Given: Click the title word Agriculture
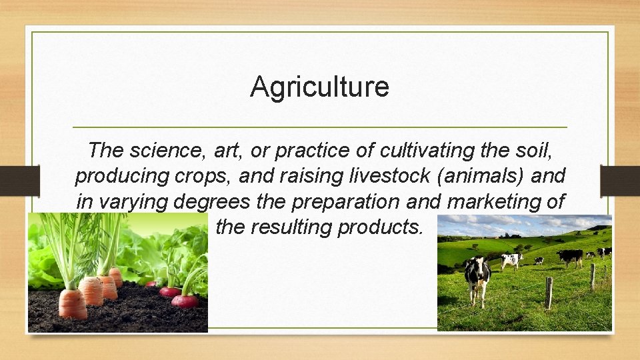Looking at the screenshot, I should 319,87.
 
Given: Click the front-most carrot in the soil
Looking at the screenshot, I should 72,303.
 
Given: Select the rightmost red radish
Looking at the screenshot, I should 185,300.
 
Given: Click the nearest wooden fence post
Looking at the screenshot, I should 549,293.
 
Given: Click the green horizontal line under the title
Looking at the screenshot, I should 319,127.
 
